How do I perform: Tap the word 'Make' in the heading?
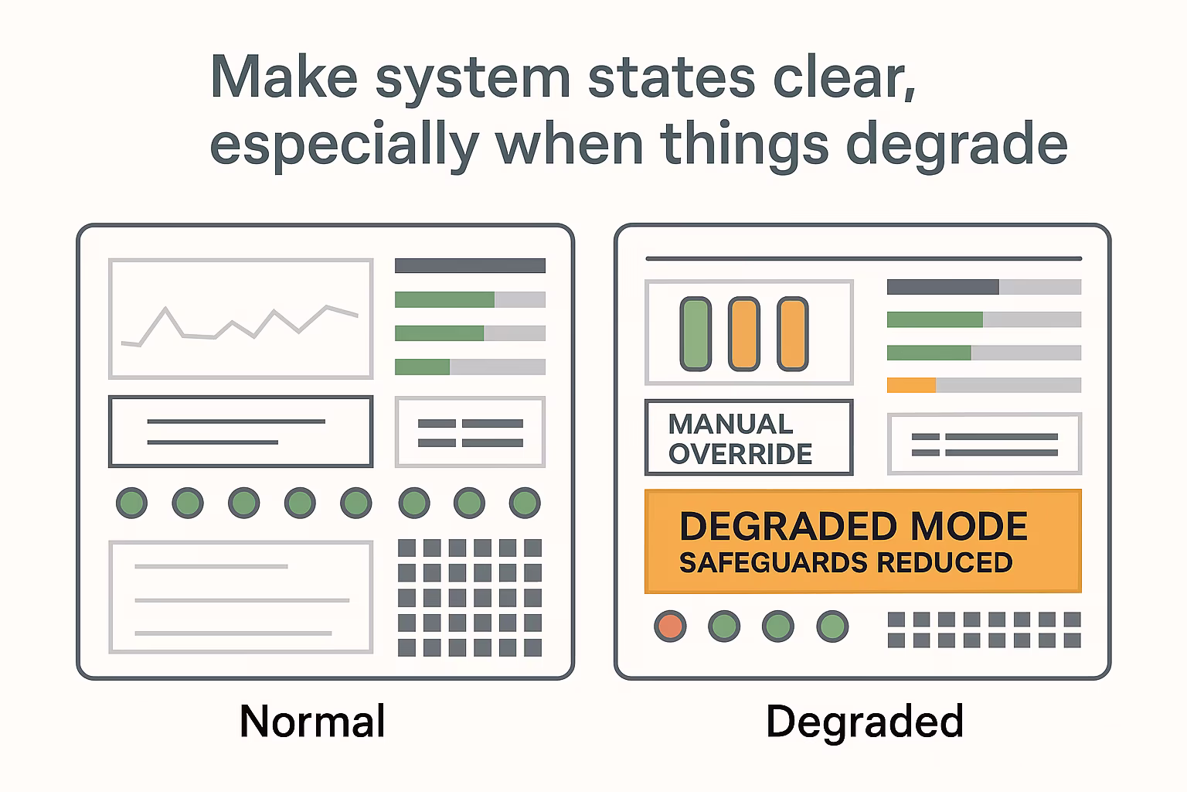point(284,77)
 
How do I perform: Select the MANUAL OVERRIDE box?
point(749,438)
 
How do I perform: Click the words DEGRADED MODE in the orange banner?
point(853,526)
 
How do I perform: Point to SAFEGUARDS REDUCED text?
point(845,562)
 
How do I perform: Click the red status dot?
point(670,626)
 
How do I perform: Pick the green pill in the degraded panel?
point(696,333)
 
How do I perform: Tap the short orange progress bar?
point(911,385)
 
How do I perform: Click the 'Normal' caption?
point(312,721)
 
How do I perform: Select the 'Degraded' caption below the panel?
point(865,722)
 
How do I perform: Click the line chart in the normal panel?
point(240,326)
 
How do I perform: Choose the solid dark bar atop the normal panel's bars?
point(470,266)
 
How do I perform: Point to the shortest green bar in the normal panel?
point(423,367)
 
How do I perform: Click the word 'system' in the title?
point(473,80)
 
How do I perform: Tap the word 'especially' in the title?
point(345,145)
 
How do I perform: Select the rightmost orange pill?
point(793,333)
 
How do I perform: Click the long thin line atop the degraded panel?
point(863,259)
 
